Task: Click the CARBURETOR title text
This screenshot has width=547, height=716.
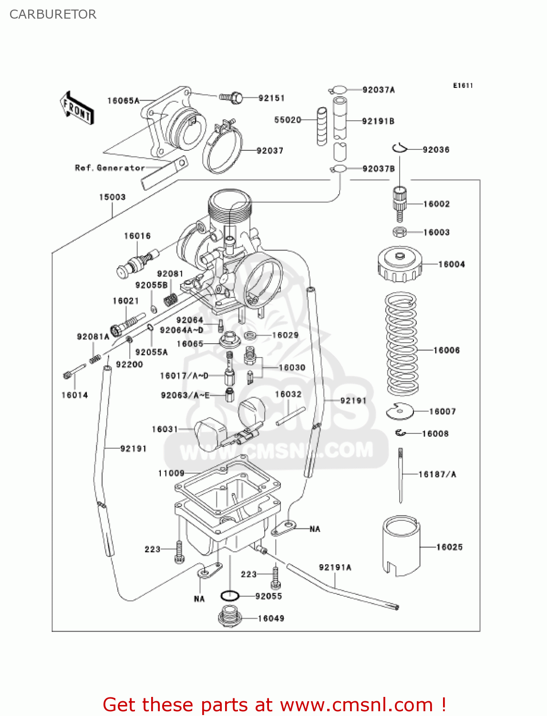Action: (x=53, y=14)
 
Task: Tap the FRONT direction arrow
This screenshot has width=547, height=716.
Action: (x=76, y=108)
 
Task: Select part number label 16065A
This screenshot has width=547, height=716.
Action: (x=123, y=101)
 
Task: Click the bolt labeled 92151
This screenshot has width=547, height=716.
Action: (x=231, y=98)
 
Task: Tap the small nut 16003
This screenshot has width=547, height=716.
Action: (x=400, y=232)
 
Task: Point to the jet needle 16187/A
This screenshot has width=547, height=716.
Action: (x=401, y=474)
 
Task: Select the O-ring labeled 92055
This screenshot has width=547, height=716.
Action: (x=230, y=596)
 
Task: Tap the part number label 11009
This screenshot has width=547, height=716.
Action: (x=171, y=473)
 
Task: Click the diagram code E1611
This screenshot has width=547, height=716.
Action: (x=463, y=85)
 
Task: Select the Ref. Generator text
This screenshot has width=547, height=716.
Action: (x=110, y=168)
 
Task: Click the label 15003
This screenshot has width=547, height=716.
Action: (x=112, y=197)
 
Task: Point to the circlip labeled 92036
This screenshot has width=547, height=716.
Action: (x=400, y=148)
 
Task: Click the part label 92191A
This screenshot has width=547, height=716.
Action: (x=335, y=567)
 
